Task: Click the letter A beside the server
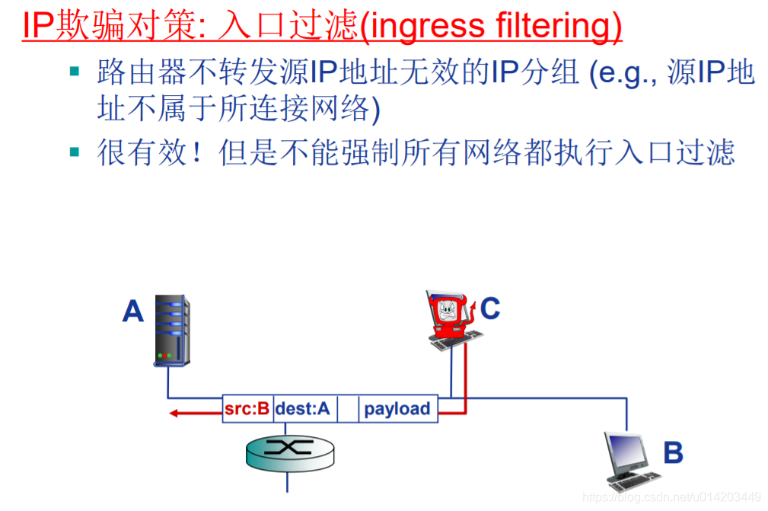coord(133,311)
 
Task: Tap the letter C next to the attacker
coord(490,308)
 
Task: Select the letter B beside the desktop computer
coord(673,452)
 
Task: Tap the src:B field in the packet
coord(247,409)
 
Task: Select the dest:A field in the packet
coord(304,409)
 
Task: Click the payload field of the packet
coord(397,409)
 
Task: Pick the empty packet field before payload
coord(348,409)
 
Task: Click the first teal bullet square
coord(75,72)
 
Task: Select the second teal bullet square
coord(75,152)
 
